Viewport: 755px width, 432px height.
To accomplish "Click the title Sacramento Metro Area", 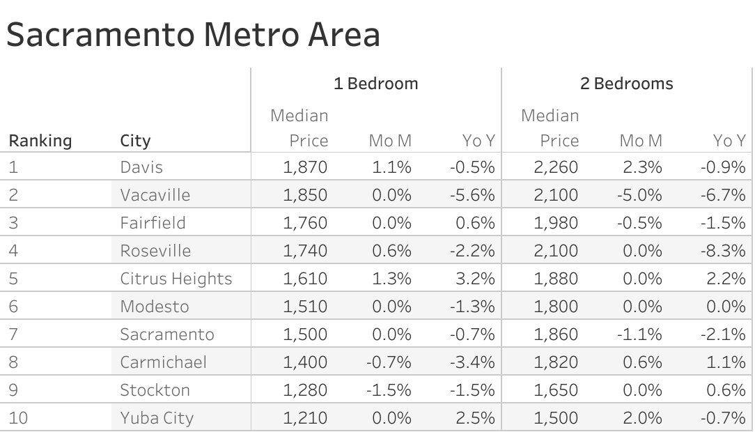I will [x=193, y=35].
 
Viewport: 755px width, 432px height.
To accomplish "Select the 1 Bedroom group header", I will [x=375, y=84].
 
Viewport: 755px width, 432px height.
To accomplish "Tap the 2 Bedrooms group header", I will [x=626, y=84].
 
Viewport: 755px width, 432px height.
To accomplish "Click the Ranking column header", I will [x=40, y=141].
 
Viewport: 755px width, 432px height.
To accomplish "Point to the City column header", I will [x=135, y=141].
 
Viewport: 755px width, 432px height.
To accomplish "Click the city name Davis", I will [x=141, y=167].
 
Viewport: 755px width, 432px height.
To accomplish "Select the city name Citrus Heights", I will [x=176, y=279].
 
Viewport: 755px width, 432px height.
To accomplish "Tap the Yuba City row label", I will [x=157, y=418].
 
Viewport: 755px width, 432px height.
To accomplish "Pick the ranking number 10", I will [x=18, y=418].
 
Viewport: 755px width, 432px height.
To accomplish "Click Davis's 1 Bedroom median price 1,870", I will [x=305, y=167].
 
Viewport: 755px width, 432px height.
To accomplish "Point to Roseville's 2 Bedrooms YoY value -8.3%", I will [x=722, y=251].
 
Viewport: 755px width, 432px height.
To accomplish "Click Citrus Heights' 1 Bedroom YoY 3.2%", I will [x=476, y=279].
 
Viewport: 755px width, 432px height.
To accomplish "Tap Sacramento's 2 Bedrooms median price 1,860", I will [x=556, y=334].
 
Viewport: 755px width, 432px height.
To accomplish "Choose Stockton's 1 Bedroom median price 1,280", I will [x=305, y=390].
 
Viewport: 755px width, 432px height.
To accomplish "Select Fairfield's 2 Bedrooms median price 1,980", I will [x=556, y=223].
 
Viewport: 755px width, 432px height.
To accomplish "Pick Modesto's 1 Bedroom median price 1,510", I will [x=305, y=307].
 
